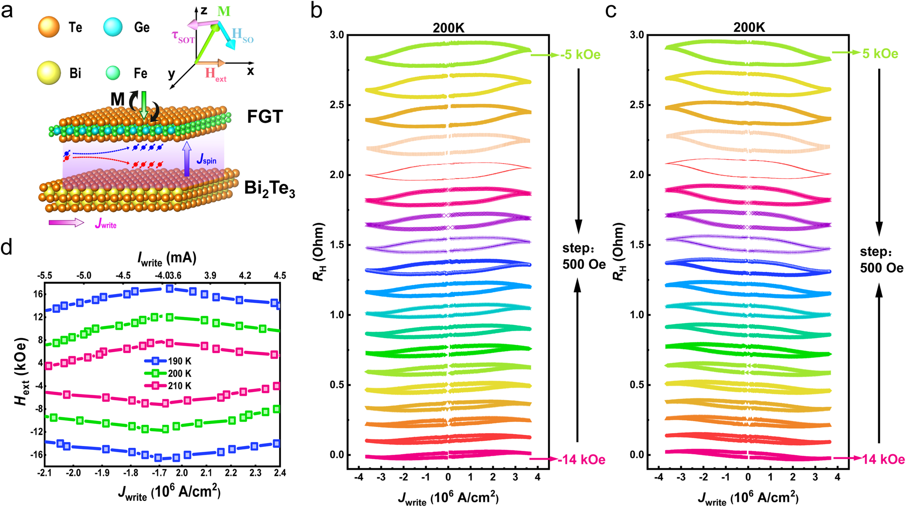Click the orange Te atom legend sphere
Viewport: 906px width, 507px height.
tap(49, 27)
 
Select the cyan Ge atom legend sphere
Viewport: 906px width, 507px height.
tap(113, 27)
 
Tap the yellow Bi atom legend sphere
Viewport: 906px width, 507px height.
tap(49, 73)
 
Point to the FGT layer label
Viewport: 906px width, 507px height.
tap(265, 117)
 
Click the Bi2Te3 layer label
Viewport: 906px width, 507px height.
tap(270, 189)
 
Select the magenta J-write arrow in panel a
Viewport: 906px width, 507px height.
tap(66, 223)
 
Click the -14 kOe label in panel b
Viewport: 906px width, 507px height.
tap(581, 460)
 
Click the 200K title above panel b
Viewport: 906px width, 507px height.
tap(448, 27)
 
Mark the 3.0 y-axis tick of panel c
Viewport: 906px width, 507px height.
tap(638, 35)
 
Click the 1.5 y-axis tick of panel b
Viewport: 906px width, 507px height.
tap(338, 245)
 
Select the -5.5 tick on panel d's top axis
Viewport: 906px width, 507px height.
tap(44, 276)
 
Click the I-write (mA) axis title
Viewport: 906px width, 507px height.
tap(167, 259)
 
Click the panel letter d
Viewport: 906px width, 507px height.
tap(6, 248)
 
